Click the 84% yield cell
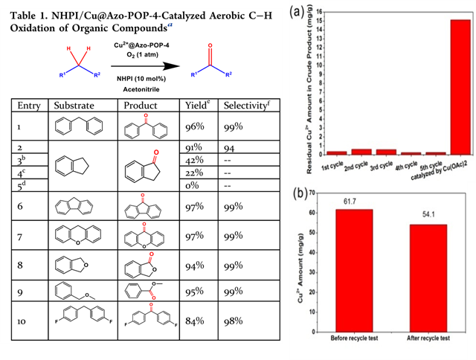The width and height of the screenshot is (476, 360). (x=196, y=323)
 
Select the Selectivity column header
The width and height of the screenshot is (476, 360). (x=246, y=106)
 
